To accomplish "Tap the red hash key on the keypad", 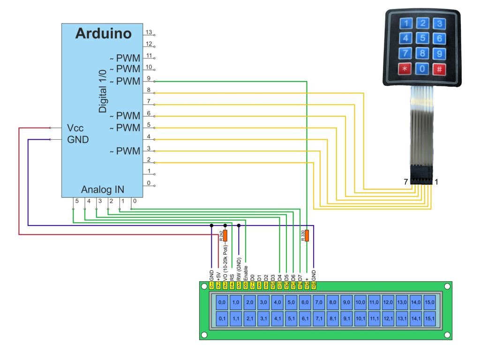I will pyautogui.click(x=439, y=69).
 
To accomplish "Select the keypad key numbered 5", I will pyautogui.click(x=423, y=38).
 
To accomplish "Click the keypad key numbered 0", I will pyautogui.click(x=423, y=69).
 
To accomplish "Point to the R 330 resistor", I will pyautogui.click(x=307, y=236).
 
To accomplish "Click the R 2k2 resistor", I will pyautogui.click(x=225, y=236).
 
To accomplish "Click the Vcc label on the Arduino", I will pyautogui.click(x=75, y=127).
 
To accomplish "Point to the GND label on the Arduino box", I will pyautogui.click(x=78, y=139).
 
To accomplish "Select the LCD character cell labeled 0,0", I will pyautogui.click(x=222, y=303).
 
